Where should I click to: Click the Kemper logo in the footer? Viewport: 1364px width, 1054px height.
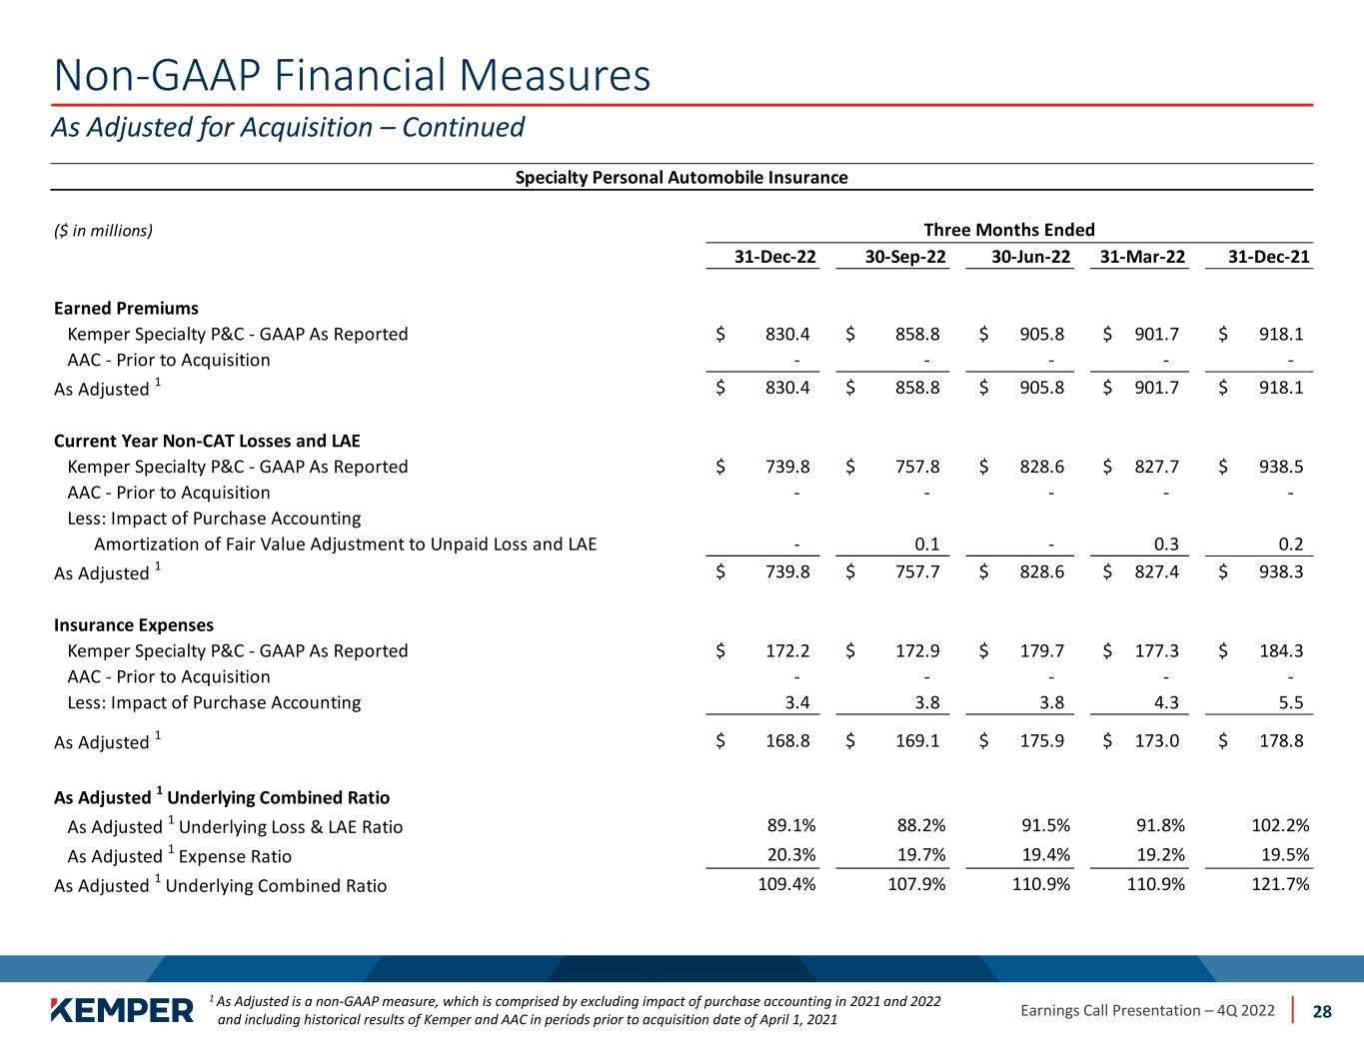coord(122,1010)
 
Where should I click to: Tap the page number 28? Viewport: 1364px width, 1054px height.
coord(1322,1011)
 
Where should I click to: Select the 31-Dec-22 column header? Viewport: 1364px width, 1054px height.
coord(775,257)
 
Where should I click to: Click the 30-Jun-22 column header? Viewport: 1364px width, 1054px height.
coord(1030,257)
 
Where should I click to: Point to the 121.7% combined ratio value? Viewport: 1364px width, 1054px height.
coord(1280,885)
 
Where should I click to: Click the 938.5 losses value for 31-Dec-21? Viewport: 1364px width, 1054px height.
coord(1281,467)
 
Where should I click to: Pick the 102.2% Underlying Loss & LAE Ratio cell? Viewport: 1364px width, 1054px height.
coord(1280,825)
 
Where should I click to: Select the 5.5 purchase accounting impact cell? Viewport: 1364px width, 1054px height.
coord(1291,702)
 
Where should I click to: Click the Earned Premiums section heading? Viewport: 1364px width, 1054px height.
coord(126,308)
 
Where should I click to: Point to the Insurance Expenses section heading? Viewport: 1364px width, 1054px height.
coord(133,625)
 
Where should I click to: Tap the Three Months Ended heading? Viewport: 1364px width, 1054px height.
coord(1008,230)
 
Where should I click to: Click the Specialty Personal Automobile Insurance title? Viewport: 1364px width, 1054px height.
coord(681,178)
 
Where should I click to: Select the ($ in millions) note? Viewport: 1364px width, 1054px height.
coord(103,231)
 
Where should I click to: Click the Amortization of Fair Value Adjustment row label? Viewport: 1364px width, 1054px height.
coord(345,544)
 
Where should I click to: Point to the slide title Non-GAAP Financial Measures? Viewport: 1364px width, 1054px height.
coord(352,75)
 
